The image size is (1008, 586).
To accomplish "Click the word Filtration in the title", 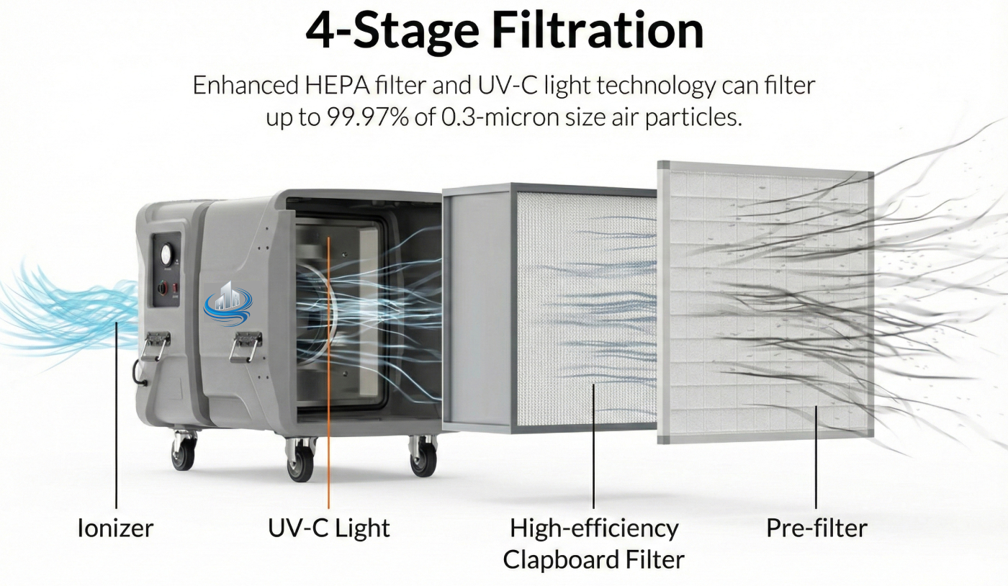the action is point(598,31).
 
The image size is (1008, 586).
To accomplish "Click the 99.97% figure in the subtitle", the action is point(368,117).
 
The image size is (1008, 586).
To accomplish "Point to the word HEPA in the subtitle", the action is point(337,85).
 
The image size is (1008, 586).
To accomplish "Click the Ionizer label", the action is point(116,528).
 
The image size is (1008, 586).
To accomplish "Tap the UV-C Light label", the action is point(328,528).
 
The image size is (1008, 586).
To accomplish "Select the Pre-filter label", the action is point(816,528).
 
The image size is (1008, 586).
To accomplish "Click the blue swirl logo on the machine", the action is point(228,303).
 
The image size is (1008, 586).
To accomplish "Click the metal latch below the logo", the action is point(246,346).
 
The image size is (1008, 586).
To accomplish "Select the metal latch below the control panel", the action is point(154,346).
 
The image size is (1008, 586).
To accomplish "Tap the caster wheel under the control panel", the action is point(184,451).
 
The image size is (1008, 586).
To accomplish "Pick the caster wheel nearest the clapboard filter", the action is point(423,456).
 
